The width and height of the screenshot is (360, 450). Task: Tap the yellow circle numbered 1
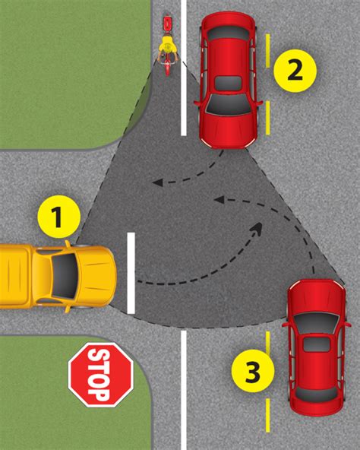coord(58,217)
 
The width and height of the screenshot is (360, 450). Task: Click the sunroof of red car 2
coord(227,82)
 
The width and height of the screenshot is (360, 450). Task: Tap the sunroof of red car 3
coord(316,344)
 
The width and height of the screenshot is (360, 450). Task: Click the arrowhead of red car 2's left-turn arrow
coord(156,182)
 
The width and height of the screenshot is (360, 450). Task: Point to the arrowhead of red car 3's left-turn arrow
coord(218,200)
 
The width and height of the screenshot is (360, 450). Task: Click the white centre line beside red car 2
coord(183,68)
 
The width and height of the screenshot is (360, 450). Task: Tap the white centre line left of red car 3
coord(183,388)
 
